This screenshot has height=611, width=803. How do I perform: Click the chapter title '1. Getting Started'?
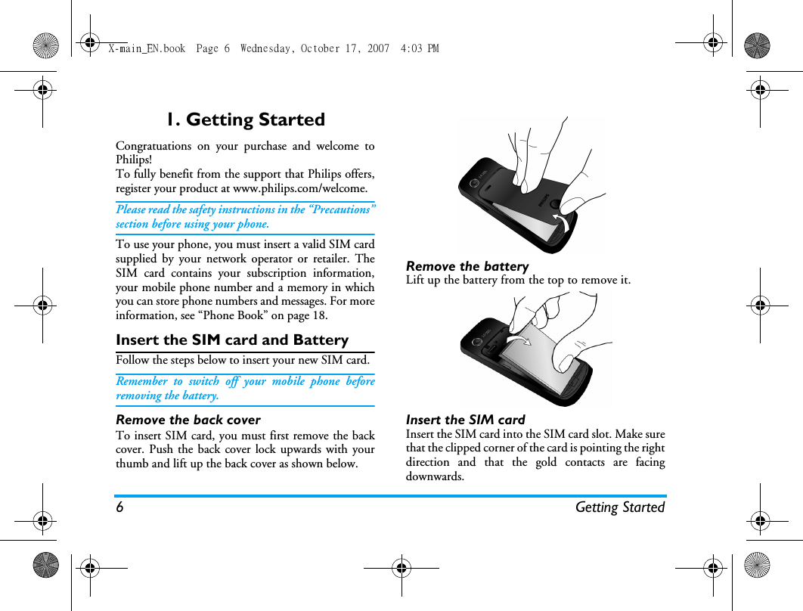(x=246, y=119)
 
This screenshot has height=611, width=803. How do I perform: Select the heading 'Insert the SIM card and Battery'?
(x=232, y=340)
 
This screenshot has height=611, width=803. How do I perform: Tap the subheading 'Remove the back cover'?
(x=188, y=420)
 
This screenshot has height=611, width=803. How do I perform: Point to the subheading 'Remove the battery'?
(x=467, y=266)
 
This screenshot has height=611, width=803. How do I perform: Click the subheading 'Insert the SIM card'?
(x=466, y=420)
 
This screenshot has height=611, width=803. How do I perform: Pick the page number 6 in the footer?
(x=119, y=507)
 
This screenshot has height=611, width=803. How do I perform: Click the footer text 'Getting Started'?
(x=620, y=507)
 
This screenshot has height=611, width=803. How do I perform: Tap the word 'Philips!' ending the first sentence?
(x=134, y=160)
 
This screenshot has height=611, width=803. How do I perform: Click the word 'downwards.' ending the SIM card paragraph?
(x=435, y=476)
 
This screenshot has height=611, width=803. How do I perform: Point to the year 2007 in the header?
(x=378, y=48)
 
